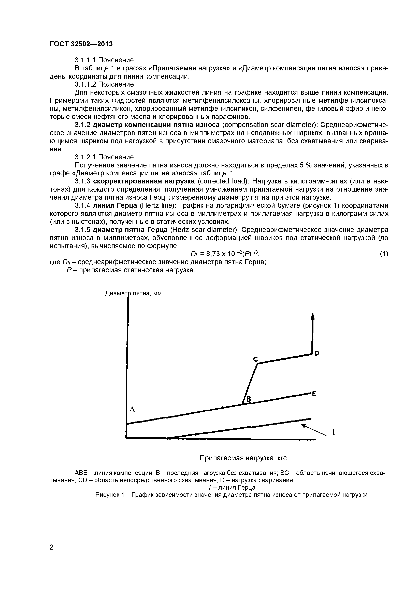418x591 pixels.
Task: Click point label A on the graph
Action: [x=132, y=409]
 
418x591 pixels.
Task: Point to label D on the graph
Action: [x=317, y=353]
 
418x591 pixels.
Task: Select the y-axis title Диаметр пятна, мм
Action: [x=133, y=293]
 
